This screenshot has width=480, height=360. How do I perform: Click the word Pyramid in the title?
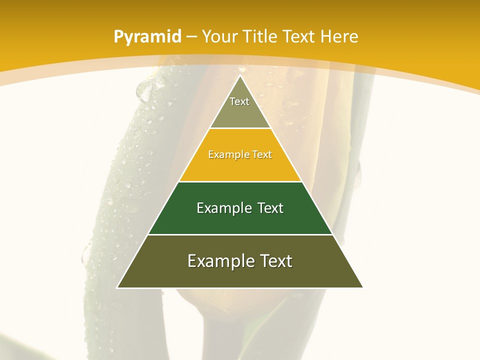click(x=147, y=37)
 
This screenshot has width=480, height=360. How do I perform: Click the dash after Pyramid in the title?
click(x=191, y=37)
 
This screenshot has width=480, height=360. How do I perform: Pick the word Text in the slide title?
click(x=299, y=36)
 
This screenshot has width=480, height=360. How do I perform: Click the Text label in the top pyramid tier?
click(x=239, y=101)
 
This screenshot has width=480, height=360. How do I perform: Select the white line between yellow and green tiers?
click(x=240, y=181)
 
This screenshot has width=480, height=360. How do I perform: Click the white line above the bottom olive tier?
click(x=240, y=234)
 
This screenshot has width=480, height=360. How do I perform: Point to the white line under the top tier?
click(x=240, y=128)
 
